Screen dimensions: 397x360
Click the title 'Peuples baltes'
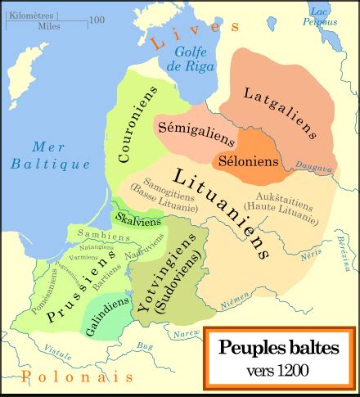(x=277, y=347)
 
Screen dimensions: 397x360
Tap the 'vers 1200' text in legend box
(x=277, y=371)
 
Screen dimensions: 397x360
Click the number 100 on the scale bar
(x=96, y=20)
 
